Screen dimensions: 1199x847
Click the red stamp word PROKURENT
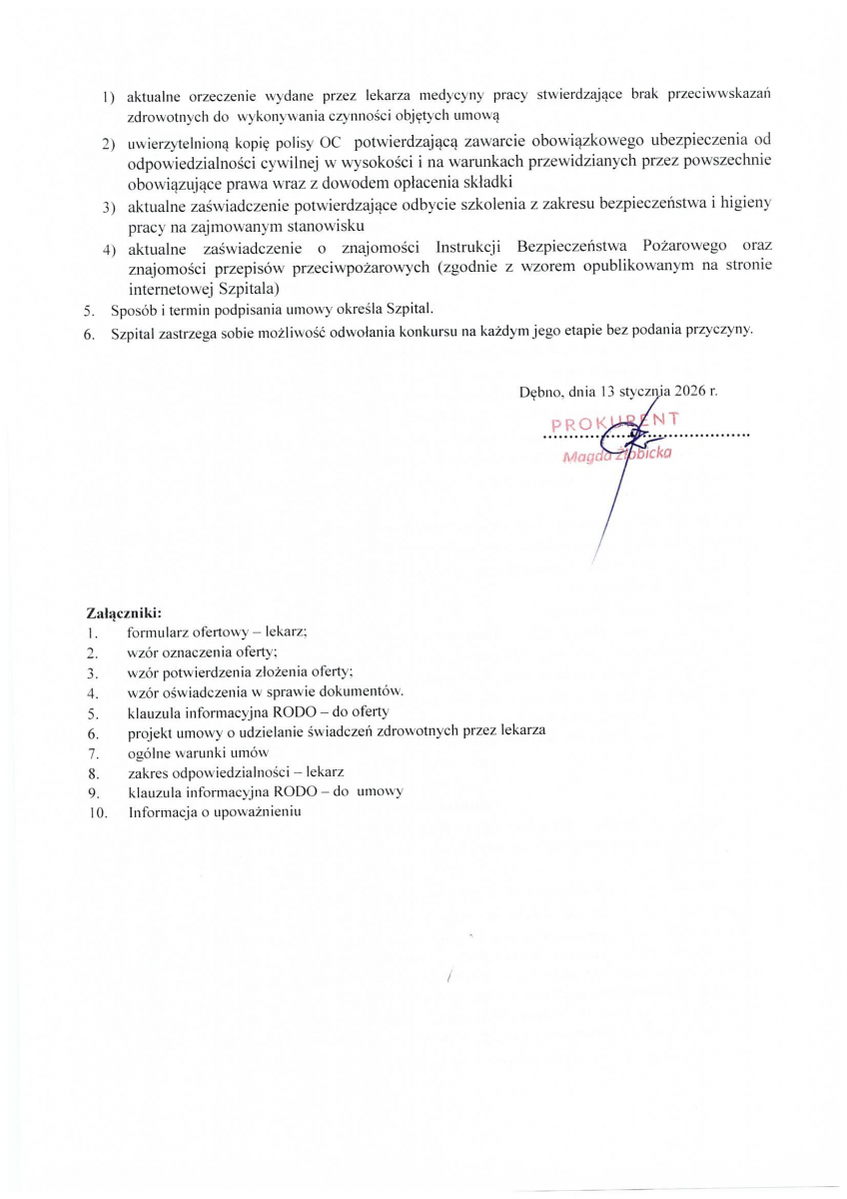614,422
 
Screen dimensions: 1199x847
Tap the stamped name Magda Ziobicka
617,456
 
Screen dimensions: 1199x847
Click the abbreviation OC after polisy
329,144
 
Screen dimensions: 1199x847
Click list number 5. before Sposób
89,310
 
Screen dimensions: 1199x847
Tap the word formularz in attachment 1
157,633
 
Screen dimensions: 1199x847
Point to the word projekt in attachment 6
150,732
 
